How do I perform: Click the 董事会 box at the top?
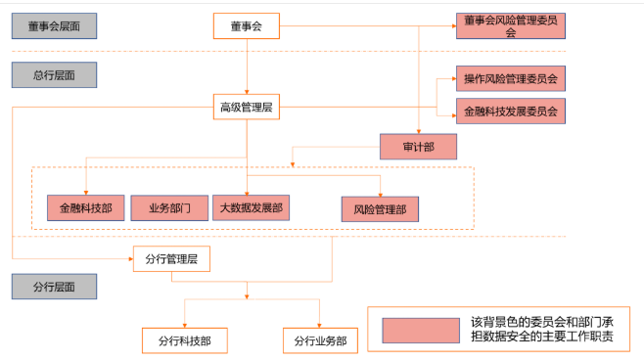[247, 25]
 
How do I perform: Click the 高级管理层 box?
[247, 108]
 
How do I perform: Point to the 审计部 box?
[418, 147]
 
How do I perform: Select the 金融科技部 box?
[85, 207]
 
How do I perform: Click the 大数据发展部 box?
[253, 207]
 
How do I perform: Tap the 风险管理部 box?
[380, 208]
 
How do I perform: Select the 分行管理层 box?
[171, 260]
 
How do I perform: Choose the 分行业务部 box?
[320, 339]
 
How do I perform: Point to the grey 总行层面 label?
[54, 75]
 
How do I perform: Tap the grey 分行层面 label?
[54, 287]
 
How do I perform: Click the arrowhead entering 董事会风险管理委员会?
[452, 25]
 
